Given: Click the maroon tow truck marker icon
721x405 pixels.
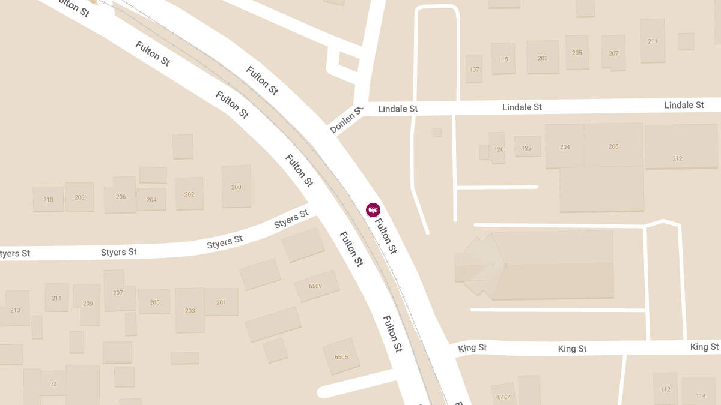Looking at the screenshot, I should click(373, 209).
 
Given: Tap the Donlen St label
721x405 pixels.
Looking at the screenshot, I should click(347, 120).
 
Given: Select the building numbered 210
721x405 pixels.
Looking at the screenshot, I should click(48, 200).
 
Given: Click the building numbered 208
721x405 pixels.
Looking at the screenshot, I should click(79, 197).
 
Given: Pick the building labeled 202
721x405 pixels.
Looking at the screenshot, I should click(189, 194).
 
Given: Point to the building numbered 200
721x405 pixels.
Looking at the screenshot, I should click(236, 187).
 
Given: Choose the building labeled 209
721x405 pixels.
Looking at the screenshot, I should click(88, 304).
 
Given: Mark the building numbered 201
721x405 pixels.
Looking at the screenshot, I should click(221, 302).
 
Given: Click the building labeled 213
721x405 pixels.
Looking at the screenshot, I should click(16, 310).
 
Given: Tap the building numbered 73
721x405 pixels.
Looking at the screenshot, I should click(53, 383).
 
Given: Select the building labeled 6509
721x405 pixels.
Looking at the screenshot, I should click(315, 286).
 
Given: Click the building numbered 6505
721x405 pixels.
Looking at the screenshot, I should click(341, 356).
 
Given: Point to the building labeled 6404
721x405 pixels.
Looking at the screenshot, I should click(504, 396).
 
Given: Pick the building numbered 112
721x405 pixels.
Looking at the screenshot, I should click(665, 389).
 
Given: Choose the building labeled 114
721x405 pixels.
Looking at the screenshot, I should click(701, 395).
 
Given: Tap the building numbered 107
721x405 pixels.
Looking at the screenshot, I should click(474, 70).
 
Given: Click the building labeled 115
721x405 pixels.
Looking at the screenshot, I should click(503, 59).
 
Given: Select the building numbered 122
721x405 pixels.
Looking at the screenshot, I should click(527, 148).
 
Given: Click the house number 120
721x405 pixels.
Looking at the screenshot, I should click(498, 149).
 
